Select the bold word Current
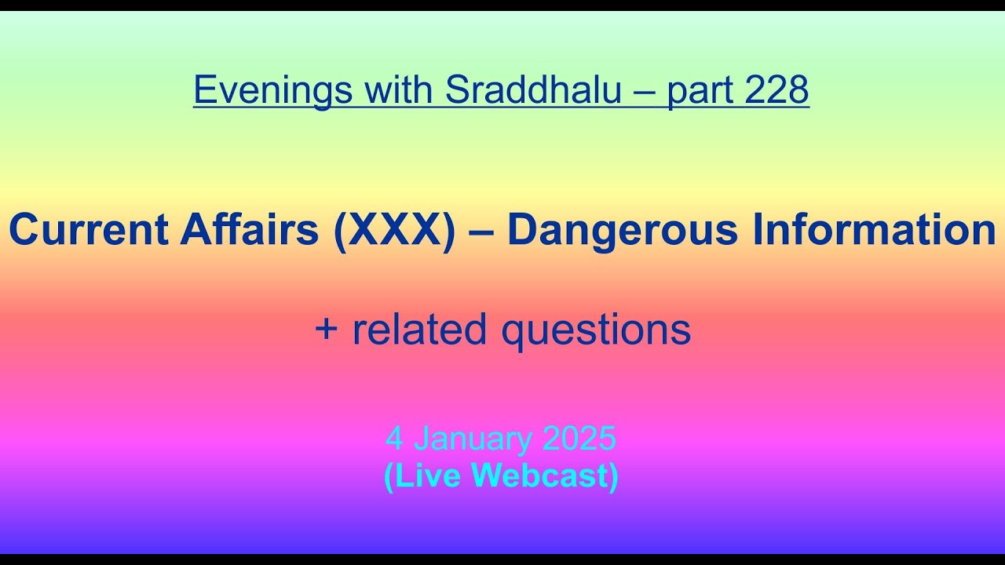(88, 231)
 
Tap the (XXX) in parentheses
(394, 231)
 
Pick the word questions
(597, 330)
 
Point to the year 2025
(579, 439)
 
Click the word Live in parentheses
(424, 476)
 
